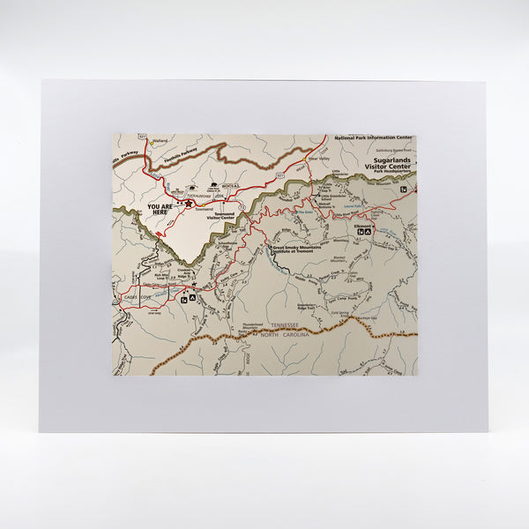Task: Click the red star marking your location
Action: (188, 203)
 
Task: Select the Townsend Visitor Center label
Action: (224, 216)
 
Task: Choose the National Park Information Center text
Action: (373, 138)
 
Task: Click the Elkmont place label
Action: (362, 227)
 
